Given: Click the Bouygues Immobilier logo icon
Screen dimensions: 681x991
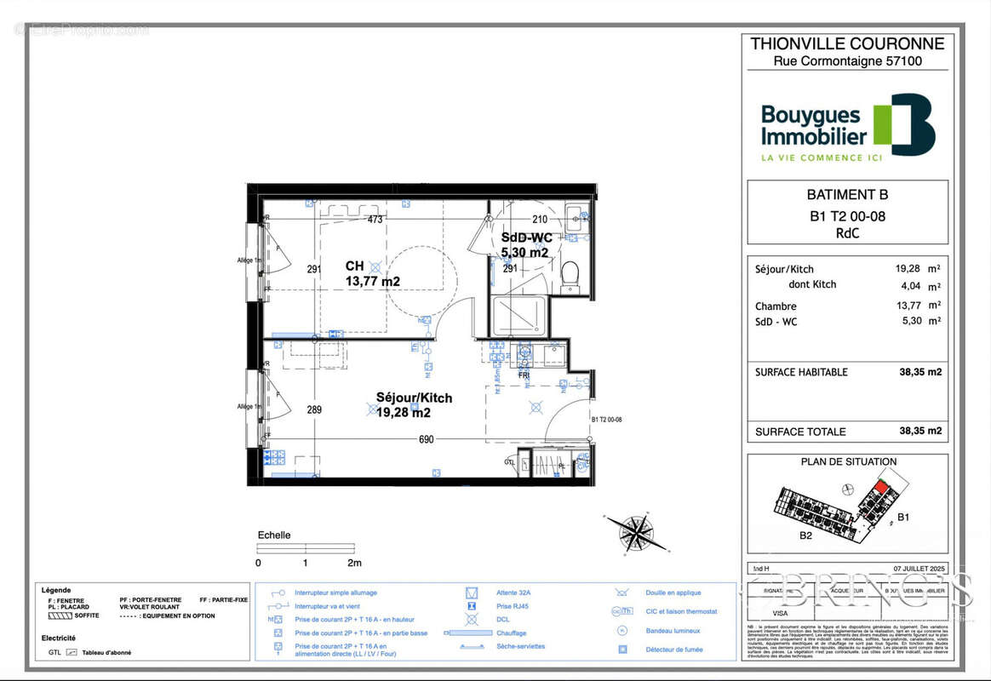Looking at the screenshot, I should pyautogui.click(x=905, y=124).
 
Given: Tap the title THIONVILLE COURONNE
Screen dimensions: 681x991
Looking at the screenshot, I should pyautogui.click(x=847, y=43).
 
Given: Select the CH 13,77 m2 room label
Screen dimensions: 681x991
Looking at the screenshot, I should pyautogui.click(x=372, y=273).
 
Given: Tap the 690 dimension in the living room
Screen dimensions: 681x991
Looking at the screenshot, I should pyautogui.click(x=426, y=439).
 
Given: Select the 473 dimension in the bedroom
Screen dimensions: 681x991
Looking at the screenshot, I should pyautogui.click(x=375, y=219).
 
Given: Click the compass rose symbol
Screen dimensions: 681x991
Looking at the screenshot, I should pyautogui.click(x=635, y=533).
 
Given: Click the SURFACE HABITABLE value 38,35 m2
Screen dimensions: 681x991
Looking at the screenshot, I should pyautogui.click(x=920, y=372).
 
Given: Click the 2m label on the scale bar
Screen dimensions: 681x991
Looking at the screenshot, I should pyautogui.click(x=353, y=563).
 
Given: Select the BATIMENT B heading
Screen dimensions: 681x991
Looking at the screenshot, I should pyautogui.click(x=846, y=194).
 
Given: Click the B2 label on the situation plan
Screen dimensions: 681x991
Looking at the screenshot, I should pyautogui.click(x=805, y=536).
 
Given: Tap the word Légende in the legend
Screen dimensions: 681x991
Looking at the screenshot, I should pyautogui.click(x=56, y=589).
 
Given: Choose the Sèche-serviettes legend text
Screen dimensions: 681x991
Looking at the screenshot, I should pyautogui.click(x=521, y=647).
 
